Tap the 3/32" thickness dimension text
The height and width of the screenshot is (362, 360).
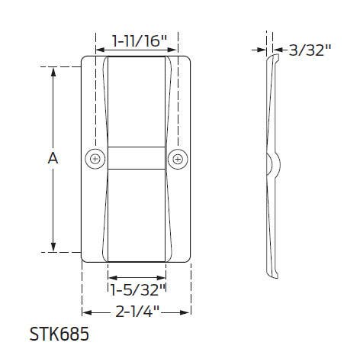point(311,50)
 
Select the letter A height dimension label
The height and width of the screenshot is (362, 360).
point(53,158)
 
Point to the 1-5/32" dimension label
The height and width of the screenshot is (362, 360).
point(138,289)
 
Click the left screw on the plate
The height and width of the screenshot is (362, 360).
point(95,159)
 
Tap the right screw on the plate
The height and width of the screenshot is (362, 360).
point(178,159)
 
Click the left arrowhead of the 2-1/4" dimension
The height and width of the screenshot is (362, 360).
point(85,312)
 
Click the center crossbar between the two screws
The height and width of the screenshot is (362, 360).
point(136,159)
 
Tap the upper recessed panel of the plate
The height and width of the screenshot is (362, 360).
point(136,99)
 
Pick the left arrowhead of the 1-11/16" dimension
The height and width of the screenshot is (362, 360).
point(100,40)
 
